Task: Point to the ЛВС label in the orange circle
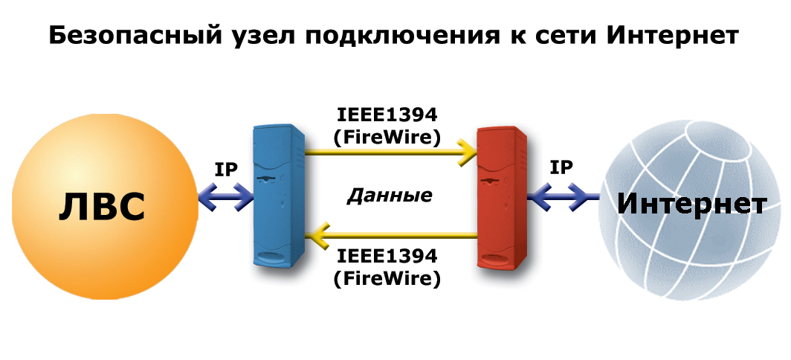tap(101, 208)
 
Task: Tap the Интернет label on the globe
tap(691, 204)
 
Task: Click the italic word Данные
tap(390, 196)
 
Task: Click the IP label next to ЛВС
tap(225, 170)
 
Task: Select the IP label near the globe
tap(561, 167)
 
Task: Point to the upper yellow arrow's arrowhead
tap(468, 152)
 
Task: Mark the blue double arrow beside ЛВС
tap(226, 197)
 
